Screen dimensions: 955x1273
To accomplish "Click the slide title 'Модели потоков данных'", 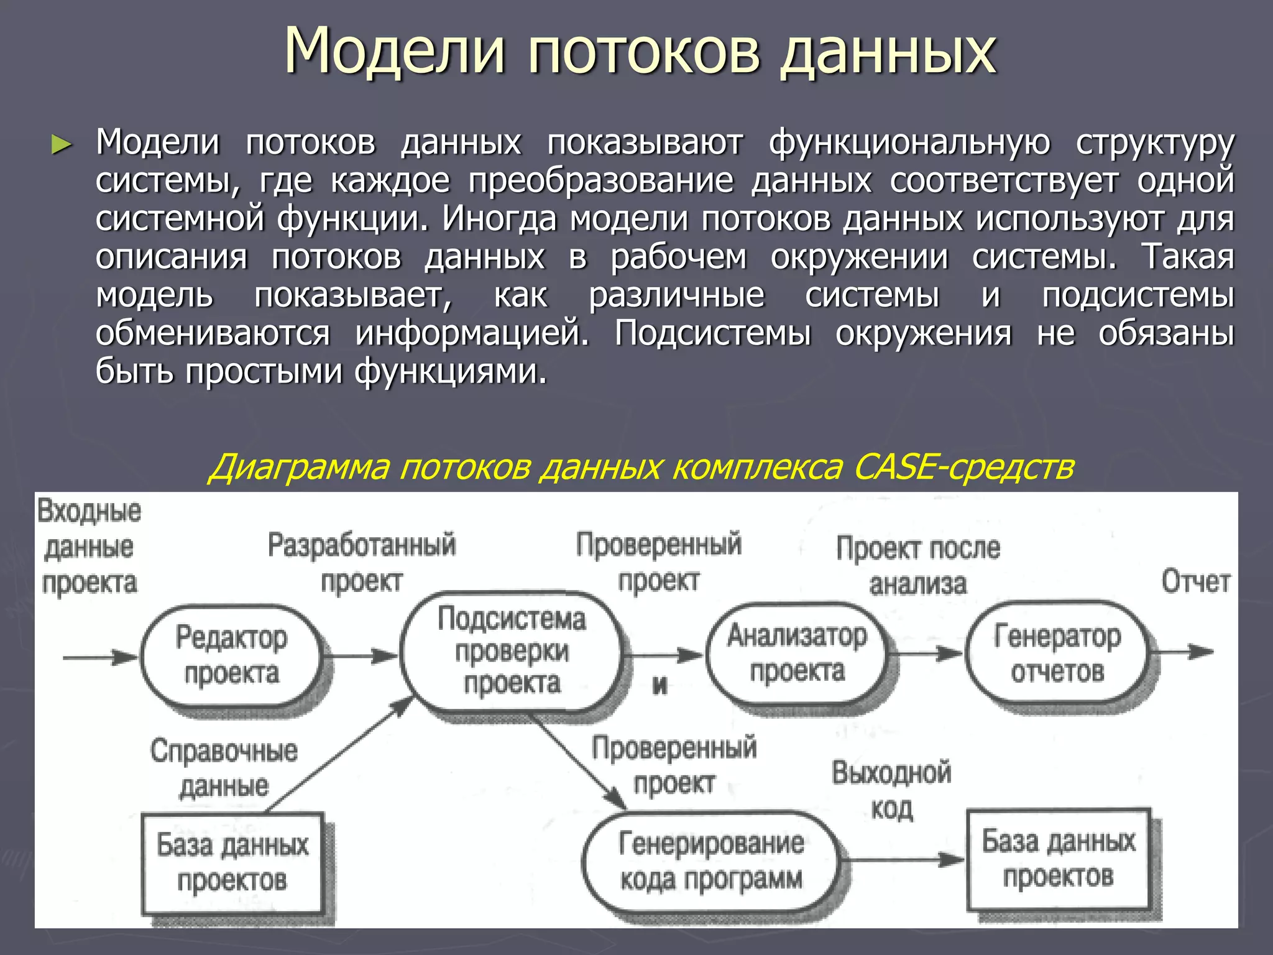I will (x=640, y=51).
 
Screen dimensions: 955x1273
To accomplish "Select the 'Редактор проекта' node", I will (x=232, y=655).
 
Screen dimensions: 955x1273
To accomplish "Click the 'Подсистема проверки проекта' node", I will (x=512, y=652).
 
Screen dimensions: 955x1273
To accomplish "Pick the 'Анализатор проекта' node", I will (x=797, y=654).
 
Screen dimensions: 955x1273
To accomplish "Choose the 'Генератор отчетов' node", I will (x=1057, y=654).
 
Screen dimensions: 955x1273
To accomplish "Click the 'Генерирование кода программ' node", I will (x=711, y=862).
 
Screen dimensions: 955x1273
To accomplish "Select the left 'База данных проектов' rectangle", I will (x=233, y=863).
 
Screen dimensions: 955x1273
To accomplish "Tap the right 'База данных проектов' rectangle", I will (x=1059, y=859).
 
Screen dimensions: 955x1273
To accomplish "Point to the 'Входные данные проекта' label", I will (x=90, y=547).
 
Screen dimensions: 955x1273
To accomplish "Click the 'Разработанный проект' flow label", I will (x=362, y=563).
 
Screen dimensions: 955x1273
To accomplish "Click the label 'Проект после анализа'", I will (x=918, y=566).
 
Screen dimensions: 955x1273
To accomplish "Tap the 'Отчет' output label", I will (x=1195, y=582).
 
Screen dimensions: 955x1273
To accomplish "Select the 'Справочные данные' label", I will (x=224, y=768).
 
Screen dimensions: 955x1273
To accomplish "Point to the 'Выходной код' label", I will (x=892, y=790).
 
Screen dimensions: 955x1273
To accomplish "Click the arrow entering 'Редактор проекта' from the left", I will (x=99, y=657).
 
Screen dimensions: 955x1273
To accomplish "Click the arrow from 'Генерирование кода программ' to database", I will (x=904, y=860).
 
